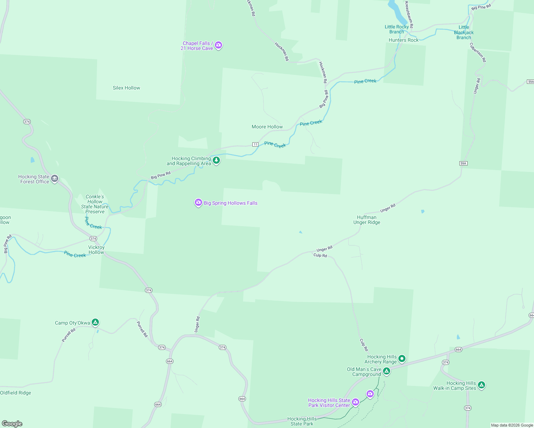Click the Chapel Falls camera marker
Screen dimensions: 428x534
(218, 45)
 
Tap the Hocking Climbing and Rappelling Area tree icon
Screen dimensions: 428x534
(216, 160)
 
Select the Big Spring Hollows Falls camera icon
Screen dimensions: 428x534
(198, 203)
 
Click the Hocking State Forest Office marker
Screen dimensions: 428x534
(55, 179)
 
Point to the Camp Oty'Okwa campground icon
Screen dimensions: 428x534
(95, 322)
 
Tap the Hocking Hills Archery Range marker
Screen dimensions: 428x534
(402, 358)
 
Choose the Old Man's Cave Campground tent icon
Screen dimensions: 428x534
(386, 371)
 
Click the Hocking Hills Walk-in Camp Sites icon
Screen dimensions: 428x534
(481, 385)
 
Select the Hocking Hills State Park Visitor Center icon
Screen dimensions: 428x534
(355, 402)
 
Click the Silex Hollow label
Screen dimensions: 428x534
(126, 88)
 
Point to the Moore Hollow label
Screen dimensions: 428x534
(267, 127)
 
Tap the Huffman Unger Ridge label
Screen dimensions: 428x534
(367, 220)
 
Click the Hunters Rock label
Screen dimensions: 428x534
(403, 40)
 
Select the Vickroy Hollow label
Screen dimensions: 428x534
(96, 250)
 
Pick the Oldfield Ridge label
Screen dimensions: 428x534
(16, 393)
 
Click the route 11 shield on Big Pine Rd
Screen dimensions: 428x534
(255, 144)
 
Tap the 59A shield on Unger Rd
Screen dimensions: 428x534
(463, 163)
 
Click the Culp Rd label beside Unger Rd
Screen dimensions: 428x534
(320, 255)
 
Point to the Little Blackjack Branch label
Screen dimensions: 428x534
(464, 32)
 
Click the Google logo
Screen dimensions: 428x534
(12, 424)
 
